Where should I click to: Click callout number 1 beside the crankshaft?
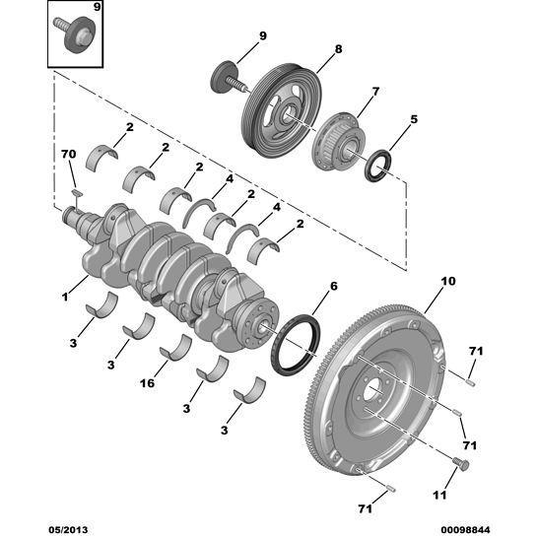coord(66,295)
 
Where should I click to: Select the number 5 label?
coord(414,118)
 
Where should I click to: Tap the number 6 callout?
coord(333,286)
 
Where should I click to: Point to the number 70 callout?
coord(68,156)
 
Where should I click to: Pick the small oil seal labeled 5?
coord(377,168)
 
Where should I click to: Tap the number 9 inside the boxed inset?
coord(96,8)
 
